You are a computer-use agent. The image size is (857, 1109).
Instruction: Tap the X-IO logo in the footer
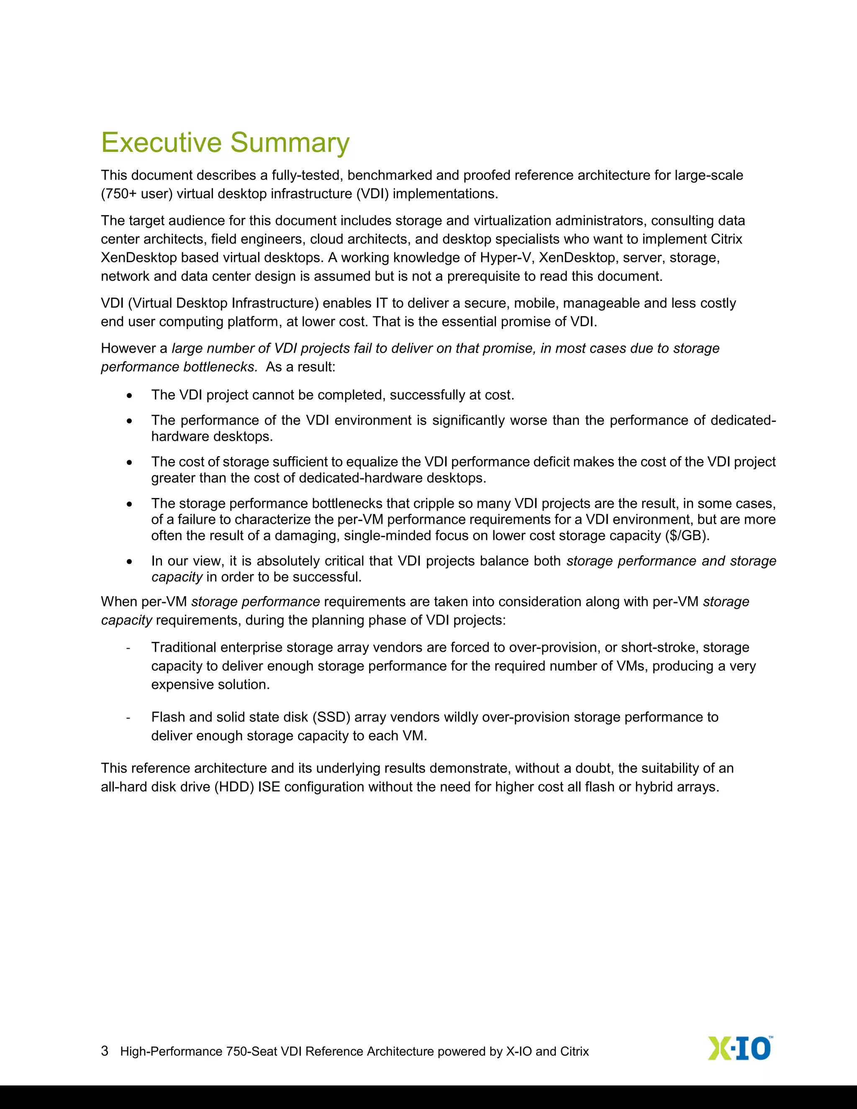click(740, 1048)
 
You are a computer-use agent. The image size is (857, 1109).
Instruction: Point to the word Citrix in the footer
click(574, 1051)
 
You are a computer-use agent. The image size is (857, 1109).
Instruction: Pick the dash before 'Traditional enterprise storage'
click(128, 648)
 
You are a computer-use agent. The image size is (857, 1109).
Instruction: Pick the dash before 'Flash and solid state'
click(128, 717)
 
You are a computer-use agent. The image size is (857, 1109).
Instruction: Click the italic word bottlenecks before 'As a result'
click(221, 367)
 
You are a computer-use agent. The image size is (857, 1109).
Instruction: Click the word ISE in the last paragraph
click(269, 787)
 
